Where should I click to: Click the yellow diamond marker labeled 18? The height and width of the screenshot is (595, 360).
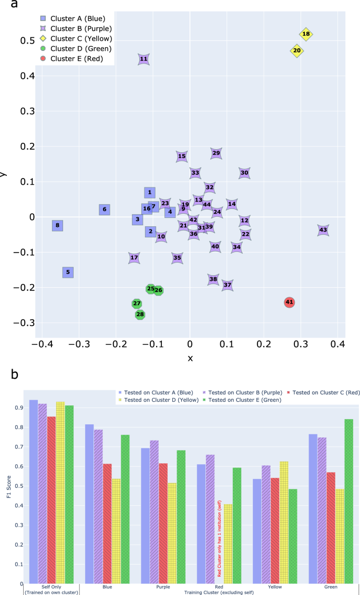pyautogui.click(x=306, y=34)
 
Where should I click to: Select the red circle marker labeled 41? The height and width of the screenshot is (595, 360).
pyautogui.click(x=289, y=302)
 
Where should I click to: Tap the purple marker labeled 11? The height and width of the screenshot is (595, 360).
pyautogui.click(x=143, y=59)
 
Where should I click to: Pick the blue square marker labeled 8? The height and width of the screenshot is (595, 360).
pyautogui.click(x=57, y=226)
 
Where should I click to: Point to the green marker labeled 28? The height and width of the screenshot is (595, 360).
pyautogui.click(x=140, y=315)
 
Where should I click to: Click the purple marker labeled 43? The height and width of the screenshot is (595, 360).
pyautogui.click(x=323, y=230)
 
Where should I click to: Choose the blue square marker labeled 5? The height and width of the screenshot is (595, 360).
pyautogui.click(x=68, y=272)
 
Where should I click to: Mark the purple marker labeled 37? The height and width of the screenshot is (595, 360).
pyautogui.click(x=227, y=285)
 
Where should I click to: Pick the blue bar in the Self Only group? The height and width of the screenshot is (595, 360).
pyautogui.click(x=34, y=492)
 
